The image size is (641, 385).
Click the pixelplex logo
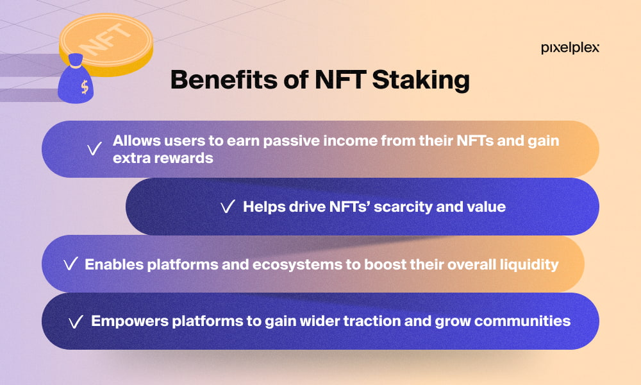[x=570, y=48]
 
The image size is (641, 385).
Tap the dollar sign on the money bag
[x=85, y=87]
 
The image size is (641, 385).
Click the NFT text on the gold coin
[x=104, y=40]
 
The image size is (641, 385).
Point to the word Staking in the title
[x=420, y=80]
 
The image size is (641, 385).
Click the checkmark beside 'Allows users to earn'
[x=94, y=148]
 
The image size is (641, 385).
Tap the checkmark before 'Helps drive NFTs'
[x=228, y=207]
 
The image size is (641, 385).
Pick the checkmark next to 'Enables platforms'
[x=71, y=264]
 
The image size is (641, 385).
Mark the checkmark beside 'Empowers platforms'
[x=76, y=322]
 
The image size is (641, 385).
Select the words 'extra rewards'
[x=163, y=158]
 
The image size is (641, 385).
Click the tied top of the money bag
[x=76, y=60]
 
